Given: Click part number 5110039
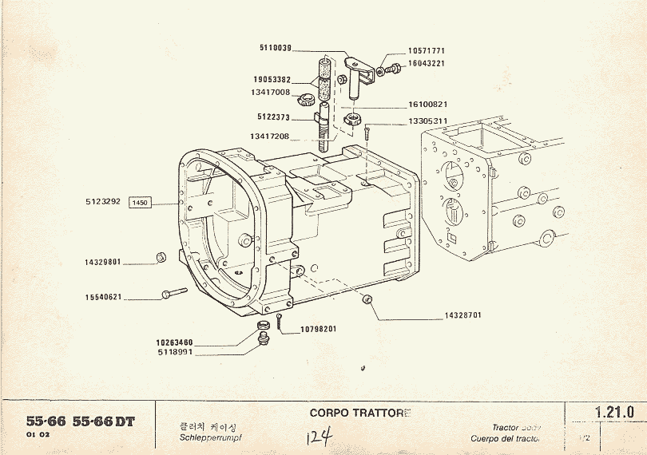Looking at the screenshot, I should coord(276,47).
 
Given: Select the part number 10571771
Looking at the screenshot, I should coord(426,50).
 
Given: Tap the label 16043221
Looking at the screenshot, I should coord(427,62).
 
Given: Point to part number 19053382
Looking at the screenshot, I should coord(272,80).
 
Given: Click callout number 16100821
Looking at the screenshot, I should coord(427,104).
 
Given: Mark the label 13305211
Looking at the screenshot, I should coord(427,121).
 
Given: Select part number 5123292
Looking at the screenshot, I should coord(102,202).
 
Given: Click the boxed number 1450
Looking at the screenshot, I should coord(141,203).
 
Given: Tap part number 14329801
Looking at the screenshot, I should coord(102,262).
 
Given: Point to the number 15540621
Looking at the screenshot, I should coord(102,298).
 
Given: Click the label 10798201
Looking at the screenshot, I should coord(318,329).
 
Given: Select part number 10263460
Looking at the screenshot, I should coord(174,342).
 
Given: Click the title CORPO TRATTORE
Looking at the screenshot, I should coord(359,413).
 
